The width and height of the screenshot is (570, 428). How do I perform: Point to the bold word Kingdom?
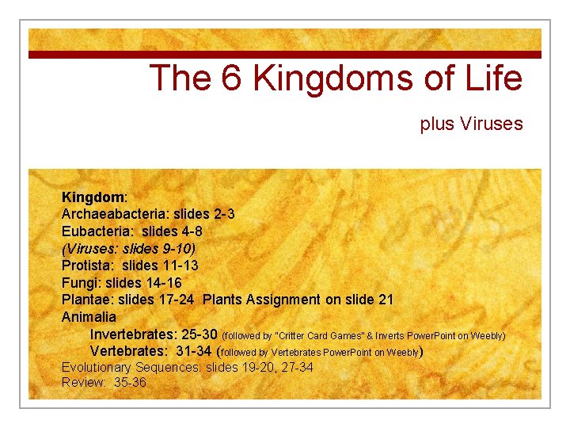pos(93,195)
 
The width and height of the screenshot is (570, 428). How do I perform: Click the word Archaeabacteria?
pos(108,215)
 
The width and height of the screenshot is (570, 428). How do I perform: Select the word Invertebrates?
pos(135,334)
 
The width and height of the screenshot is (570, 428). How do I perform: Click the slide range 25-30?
pos(202,334)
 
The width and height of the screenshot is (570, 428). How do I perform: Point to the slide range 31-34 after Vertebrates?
pos(192,351)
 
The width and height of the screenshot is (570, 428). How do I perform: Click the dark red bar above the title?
pos(285,55)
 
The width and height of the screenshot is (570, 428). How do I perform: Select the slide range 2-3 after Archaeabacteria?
pos(223,215)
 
